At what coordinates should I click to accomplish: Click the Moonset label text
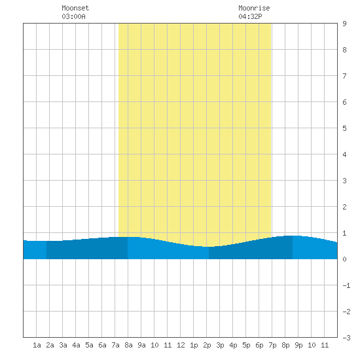coord(75,8)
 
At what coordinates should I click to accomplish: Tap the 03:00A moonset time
coord(73,16)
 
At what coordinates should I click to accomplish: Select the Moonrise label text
coord(254,8)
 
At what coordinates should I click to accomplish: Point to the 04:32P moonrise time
coord(250,16)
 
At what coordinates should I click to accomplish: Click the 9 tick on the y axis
coord(344,24)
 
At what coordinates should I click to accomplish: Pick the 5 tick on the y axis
coord(344,128)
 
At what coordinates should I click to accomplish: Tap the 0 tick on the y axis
coord(344,259)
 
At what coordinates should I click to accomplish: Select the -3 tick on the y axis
coord(346,338)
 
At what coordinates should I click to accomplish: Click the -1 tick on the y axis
coord(346,285)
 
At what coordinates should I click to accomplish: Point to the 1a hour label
coord(37,345)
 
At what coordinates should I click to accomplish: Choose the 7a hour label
coord(115,345)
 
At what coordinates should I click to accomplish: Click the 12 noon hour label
coord(181,345)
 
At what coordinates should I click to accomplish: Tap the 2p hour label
coord(207,345)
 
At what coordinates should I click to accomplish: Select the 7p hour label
coord(272,345)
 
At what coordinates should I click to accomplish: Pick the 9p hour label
coord(298,345)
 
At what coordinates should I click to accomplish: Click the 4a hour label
coord(76,345)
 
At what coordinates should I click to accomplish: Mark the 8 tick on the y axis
coord(344,50)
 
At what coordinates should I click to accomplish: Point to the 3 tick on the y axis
coord(344,181)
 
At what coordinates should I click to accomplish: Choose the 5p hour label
coord(246,345)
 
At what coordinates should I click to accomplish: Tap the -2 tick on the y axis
coord(346,312)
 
